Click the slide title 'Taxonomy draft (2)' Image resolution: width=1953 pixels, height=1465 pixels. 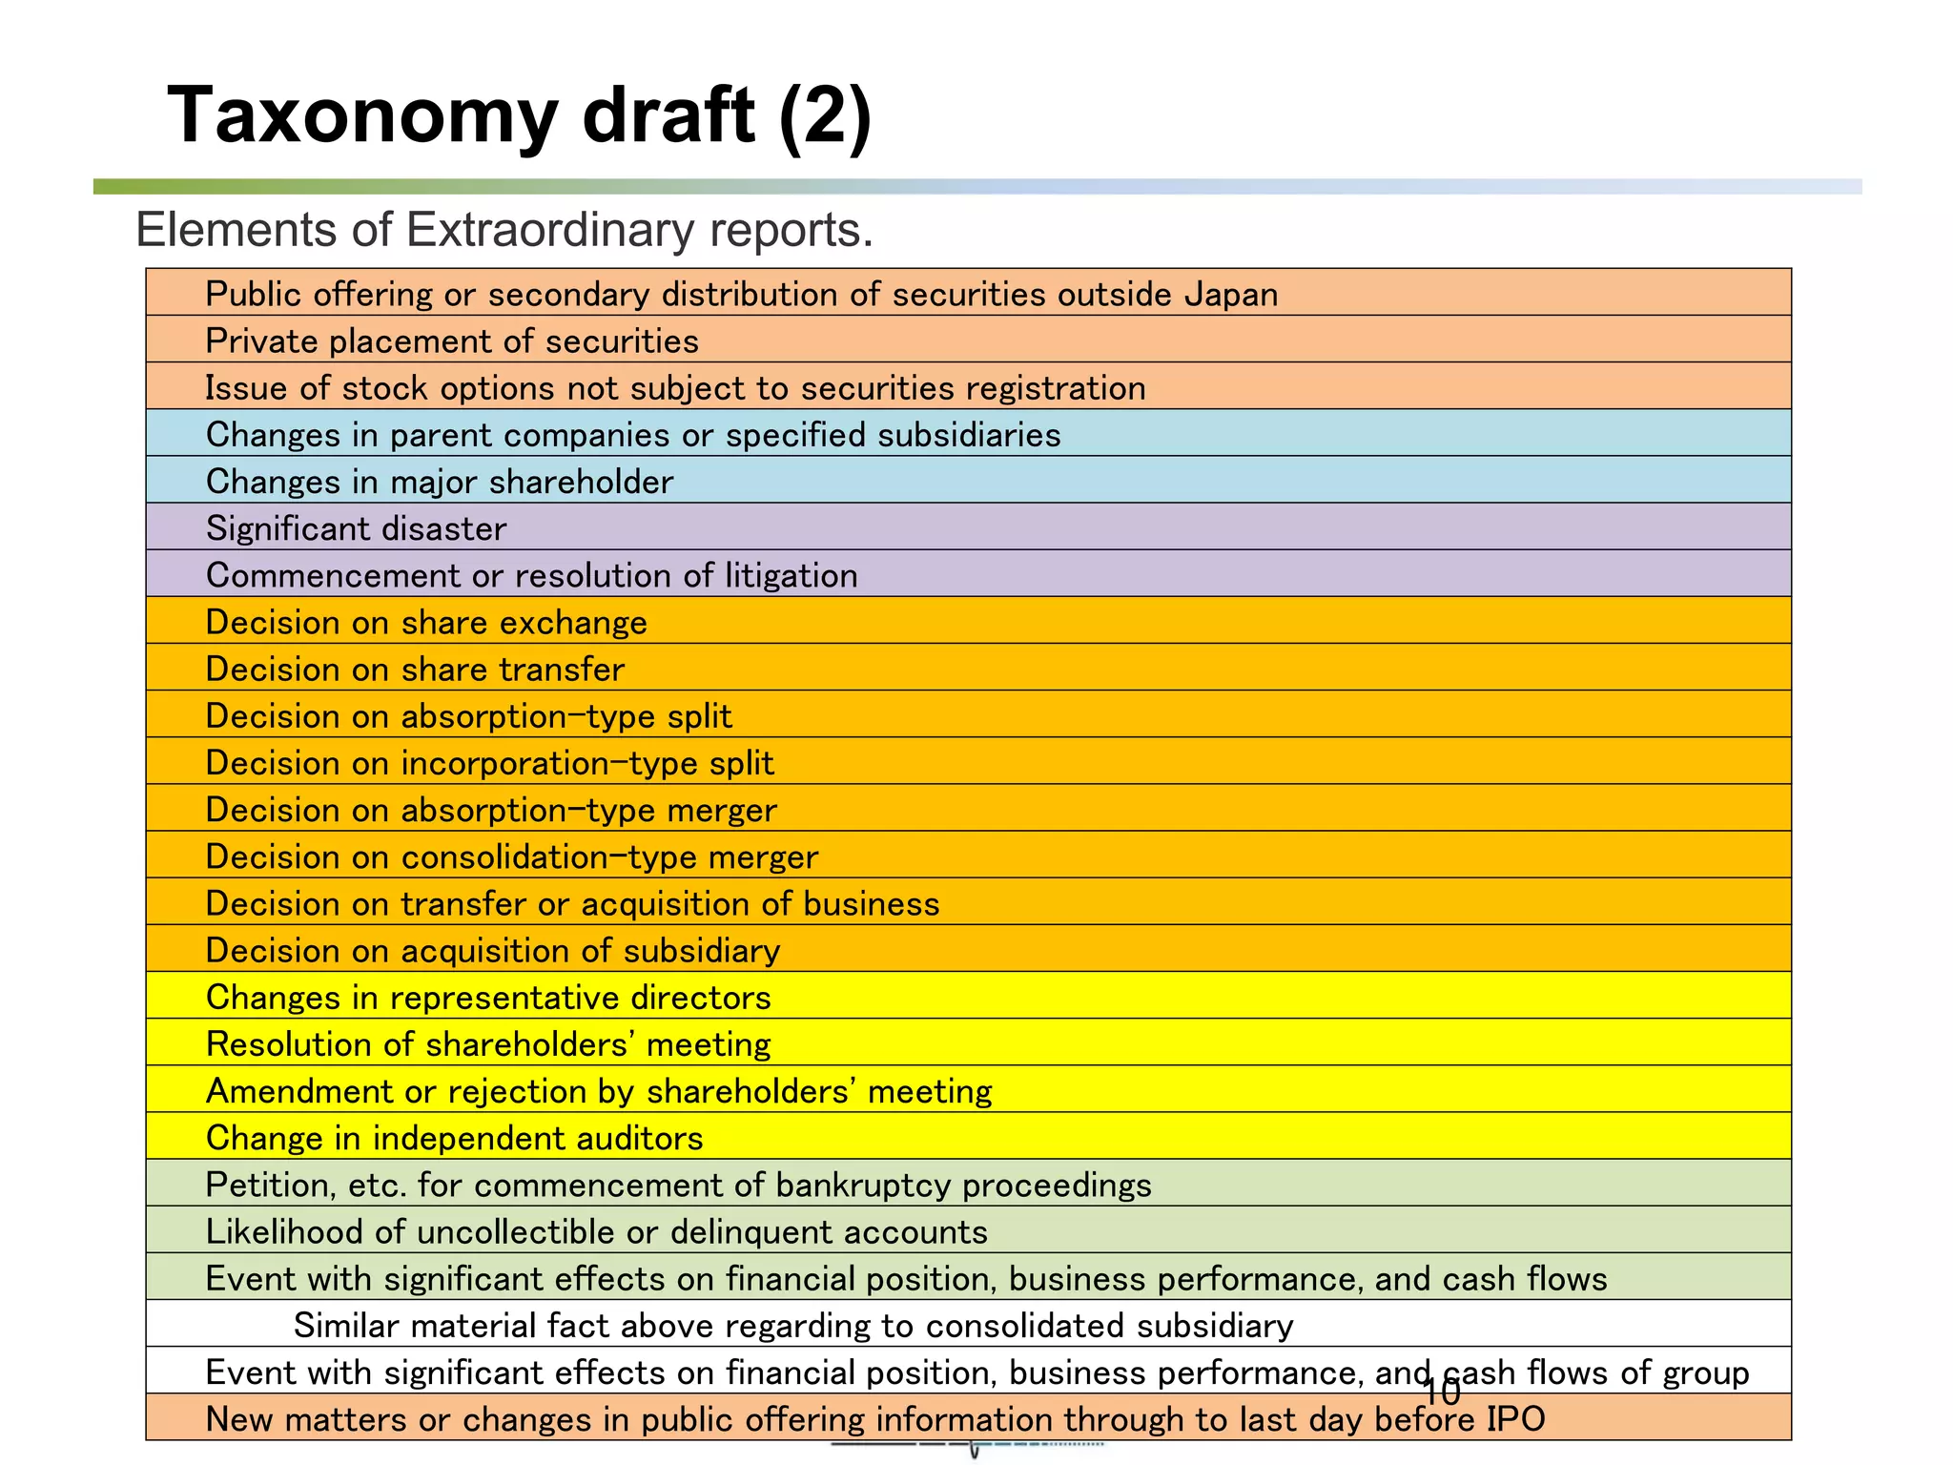519,115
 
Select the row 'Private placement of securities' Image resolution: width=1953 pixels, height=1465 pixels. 452,341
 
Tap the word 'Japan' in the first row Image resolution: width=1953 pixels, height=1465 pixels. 1230,295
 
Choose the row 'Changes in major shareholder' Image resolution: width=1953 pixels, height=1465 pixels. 440,482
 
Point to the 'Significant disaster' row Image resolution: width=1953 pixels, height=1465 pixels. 356,528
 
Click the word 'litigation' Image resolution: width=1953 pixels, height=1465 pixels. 791,575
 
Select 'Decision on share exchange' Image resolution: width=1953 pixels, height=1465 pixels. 426,622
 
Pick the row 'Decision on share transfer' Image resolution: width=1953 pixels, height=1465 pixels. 415,669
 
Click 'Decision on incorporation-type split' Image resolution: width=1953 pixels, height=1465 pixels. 489,763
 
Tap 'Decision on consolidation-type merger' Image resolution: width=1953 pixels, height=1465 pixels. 512,856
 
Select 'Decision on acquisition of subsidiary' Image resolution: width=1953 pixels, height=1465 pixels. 493,950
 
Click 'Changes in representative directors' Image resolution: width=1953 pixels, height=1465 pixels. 488,997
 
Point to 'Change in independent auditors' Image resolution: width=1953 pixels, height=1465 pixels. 454,1138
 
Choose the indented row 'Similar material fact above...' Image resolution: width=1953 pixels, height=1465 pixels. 792,1325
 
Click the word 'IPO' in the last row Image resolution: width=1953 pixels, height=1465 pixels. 1515,1419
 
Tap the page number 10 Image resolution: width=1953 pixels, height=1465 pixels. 1441,1393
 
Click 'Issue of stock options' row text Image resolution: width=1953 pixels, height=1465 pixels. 675,388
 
